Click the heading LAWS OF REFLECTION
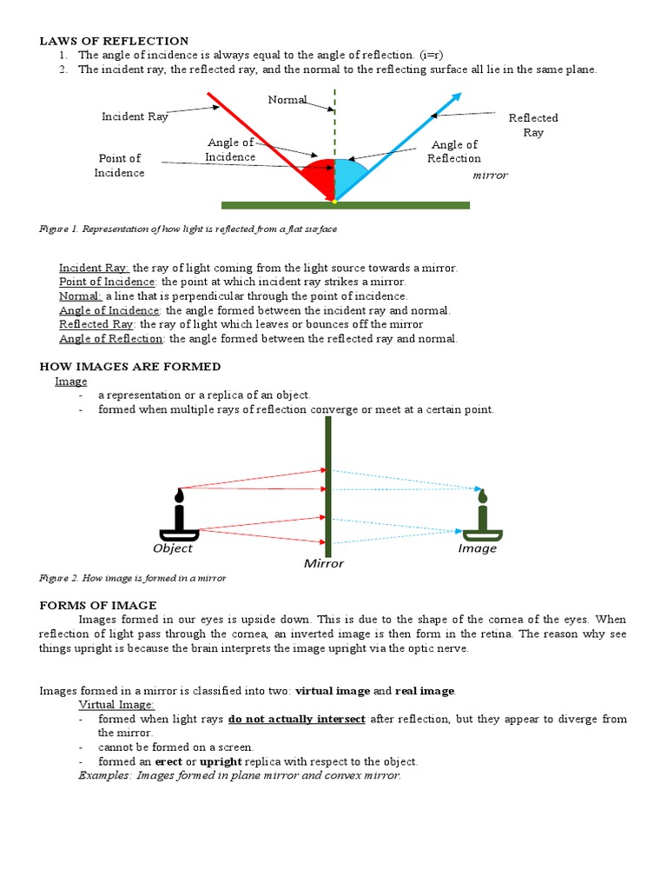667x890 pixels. pyautogui.click(x=114, y=41)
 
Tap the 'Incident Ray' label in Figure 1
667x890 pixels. pyautogui.click(x=135, y=116)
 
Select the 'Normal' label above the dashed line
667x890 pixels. pyautogui.click(x=287, y=100)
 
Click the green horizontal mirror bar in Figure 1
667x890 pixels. pyautogui.click(x=345, y=206)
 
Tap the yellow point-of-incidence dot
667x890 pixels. pyautogui.click(x=334, y=201)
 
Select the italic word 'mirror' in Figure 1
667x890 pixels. pyautogui.click(x=490, y=175)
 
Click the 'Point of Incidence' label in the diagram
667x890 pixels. pyautogui.click(x=120, y=165)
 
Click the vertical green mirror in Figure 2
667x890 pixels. pyautogui.click(x=328, y=487)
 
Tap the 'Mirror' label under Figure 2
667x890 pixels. pyautogui.click(x=324, y=563)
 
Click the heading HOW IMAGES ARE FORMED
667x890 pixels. pyautogui.click(x=130, y=367)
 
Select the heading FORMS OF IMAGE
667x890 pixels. pyautogui.click(x=98, y=605)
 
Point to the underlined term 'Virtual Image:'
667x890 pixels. pyautogui.click(x=116, y=705)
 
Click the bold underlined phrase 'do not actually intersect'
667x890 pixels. pyautogui.click(x=297, y=720)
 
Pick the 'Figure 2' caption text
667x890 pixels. pyautogui.click(x=133, y=578)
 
